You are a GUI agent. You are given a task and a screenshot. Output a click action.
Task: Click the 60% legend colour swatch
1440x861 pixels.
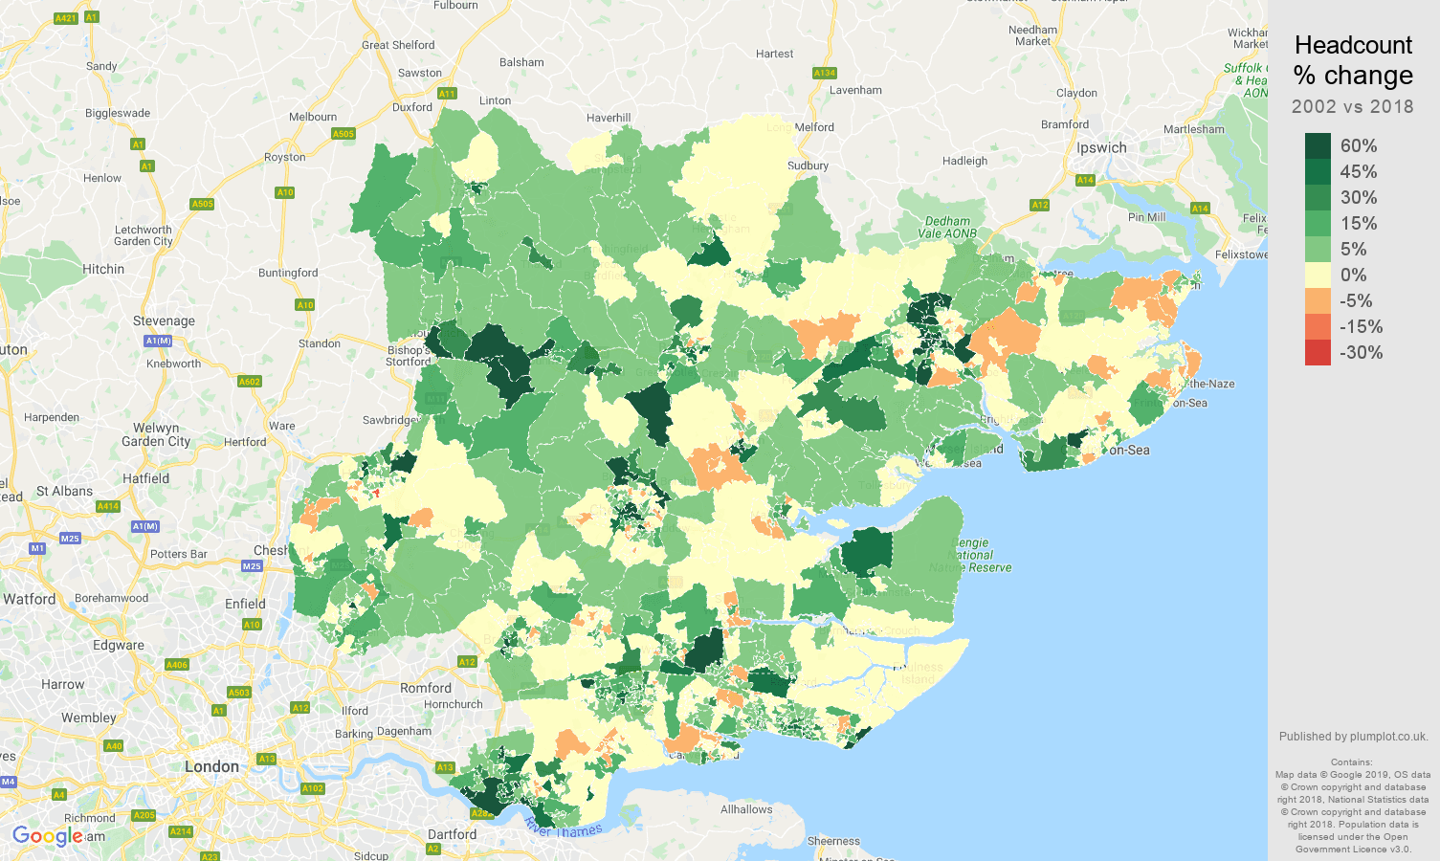(x=1318, y=145)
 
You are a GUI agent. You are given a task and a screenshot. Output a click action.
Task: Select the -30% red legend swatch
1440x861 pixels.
(x=1318, y=352)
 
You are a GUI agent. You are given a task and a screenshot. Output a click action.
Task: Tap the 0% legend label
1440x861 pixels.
(x=1353, y=275)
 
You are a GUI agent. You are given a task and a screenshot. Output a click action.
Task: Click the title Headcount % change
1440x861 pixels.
(x=1353, y=60)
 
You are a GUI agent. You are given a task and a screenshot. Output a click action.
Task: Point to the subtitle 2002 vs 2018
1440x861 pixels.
(x=1352, y=106)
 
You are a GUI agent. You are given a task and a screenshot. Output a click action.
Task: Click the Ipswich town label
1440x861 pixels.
(x=1101, y=148)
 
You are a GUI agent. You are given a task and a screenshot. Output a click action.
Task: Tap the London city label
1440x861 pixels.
(x=211, y=766)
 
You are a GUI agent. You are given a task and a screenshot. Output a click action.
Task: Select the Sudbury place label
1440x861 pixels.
(x=808, y=166)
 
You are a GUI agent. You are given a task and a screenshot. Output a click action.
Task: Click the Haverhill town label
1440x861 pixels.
(x=609, y=118)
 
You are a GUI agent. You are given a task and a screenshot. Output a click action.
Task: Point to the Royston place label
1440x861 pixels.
(x=285, y=157)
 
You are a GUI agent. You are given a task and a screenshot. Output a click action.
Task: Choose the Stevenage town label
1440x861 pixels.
(x=164, y=321)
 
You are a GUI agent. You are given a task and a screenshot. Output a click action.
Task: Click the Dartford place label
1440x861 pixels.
(x=452, y=834)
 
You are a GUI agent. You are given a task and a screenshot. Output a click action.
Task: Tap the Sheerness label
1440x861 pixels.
(x=833, y=842)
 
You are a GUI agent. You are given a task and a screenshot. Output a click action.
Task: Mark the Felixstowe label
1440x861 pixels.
(x=1241, y=254)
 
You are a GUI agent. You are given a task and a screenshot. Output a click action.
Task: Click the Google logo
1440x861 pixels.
(x=48, y=836)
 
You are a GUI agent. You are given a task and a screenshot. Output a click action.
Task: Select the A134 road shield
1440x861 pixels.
(x=824, y=73)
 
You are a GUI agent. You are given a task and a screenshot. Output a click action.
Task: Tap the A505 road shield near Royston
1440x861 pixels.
(x=343, y=134)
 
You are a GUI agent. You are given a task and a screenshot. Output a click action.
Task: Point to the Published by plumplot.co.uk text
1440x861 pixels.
(x=1353, y=737)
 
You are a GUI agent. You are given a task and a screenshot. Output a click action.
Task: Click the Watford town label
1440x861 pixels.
(x=30, y=599)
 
